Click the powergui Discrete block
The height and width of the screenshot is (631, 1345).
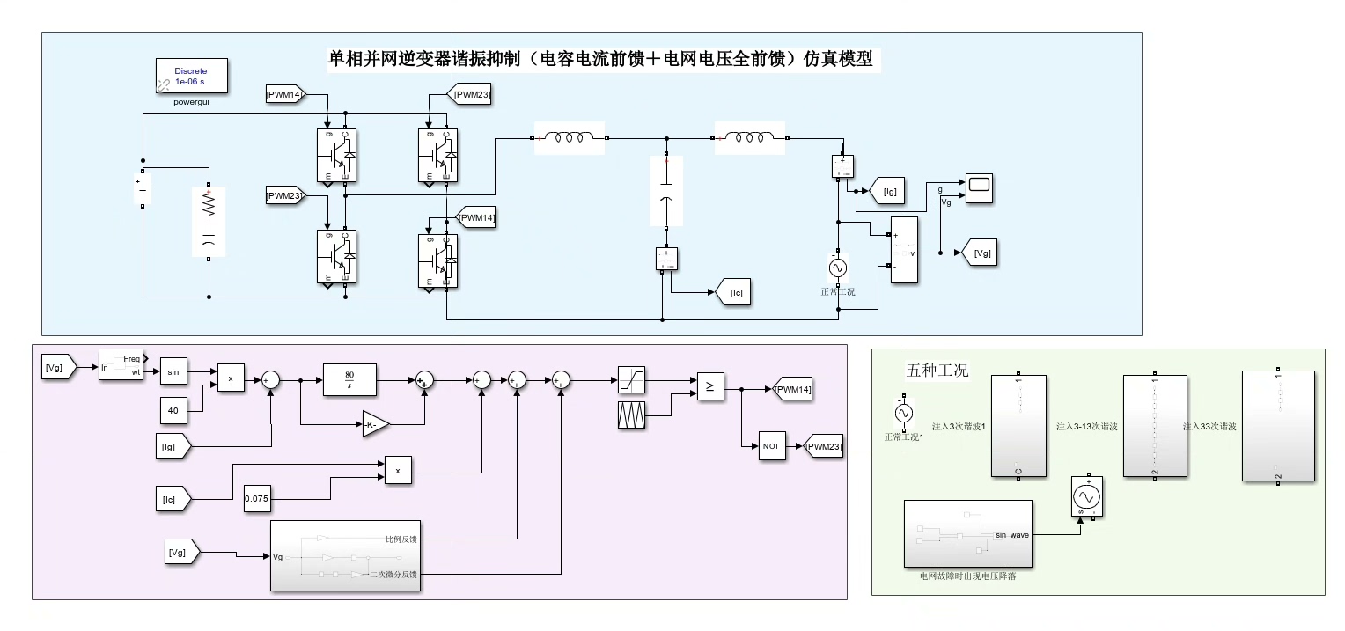click(x=192, y=76)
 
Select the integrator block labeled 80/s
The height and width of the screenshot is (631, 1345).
click(x=349, y=380)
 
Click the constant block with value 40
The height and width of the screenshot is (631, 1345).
click(x=173, y=409)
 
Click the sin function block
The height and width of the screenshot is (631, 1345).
click(x=173, y=372)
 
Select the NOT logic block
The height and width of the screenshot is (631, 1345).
click(x=771, y=446)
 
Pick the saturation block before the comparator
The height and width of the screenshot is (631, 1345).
click(x=632, y=379)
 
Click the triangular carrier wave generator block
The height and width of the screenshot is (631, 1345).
click(x=632, y=415)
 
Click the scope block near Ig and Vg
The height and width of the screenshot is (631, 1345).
click(x=979, y=188)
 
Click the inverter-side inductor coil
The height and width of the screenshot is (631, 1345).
click(x=570, y=137)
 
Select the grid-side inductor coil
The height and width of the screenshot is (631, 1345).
click(x=749, y=137)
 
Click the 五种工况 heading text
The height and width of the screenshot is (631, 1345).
click(x=937, y=371)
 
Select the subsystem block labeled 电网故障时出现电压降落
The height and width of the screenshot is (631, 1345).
click(x=967, y=534)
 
